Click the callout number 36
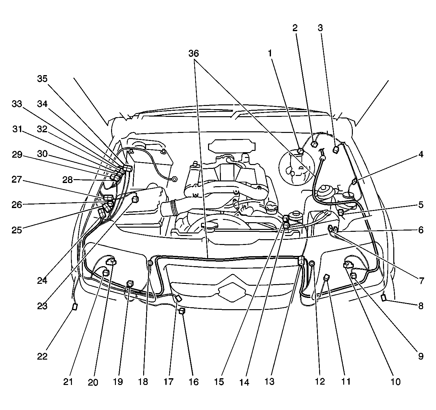click(x=194, y=54)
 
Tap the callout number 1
click(x=270, y=53)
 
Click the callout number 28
click(x=67, y=180)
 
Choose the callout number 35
click(x=42, y=79)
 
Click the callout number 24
click(x=42, y=281)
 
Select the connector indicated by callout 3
click(x=336, y=150)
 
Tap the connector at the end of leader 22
click(x=75, y=307)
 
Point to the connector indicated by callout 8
click(x=384, y=298)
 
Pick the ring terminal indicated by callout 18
click(x=150, y=263)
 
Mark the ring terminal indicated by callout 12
click(x=312, y=263)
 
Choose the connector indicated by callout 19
click(x=130, y=284)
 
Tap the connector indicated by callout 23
click(x=135, y=199)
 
